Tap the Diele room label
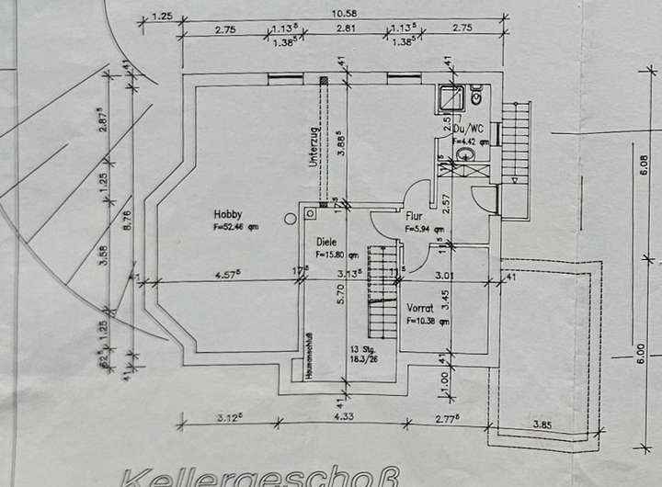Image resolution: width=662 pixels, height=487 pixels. (x=328, y=241)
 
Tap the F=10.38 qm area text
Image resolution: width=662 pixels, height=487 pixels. (x=423, y=322)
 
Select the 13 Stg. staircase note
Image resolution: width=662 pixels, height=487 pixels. (x=361, y=351)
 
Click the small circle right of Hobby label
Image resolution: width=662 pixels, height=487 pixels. (x=291, y=218)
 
